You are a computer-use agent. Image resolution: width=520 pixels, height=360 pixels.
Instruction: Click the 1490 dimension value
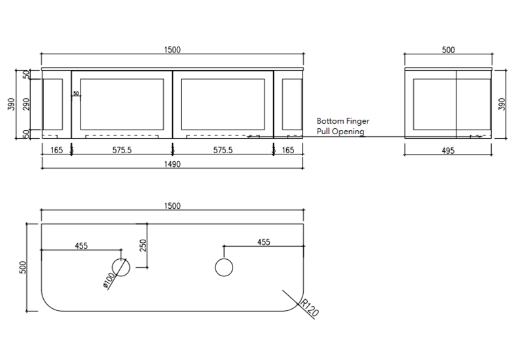click(172, 164)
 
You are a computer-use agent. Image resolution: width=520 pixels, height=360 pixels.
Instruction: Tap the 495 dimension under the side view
click(448, 151)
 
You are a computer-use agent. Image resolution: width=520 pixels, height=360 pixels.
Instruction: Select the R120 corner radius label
click(310, 308)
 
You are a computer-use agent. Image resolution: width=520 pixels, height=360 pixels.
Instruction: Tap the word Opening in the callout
click(348, 132)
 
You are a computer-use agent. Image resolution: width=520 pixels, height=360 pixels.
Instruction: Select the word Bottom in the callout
click(329, 121)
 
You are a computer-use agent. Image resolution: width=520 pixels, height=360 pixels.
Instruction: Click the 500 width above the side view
click(448, 50)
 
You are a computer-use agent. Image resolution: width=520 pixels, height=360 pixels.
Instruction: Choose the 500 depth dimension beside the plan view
click(22, 267)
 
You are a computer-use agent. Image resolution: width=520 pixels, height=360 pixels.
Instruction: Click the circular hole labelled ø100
click(121, 266)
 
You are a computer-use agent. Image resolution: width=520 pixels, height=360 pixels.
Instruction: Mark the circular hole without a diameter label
click(224, 267)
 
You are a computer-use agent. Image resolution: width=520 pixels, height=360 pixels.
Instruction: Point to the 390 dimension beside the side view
click(502, 104)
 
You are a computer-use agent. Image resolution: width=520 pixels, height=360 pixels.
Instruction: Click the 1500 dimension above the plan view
click(172, 206)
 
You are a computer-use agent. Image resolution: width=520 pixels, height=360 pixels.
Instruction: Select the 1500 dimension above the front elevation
click(172, 50)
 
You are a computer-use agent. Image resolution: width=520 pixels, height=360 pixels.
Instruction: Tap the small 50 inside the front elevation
click(76, 94)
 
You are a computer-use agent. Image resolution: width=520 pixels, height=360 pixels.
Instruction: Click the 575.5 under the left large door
click(122, 151)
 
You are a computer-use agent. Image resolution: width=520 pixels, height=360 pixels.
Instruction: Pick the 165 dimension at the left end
click(56, 151)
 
